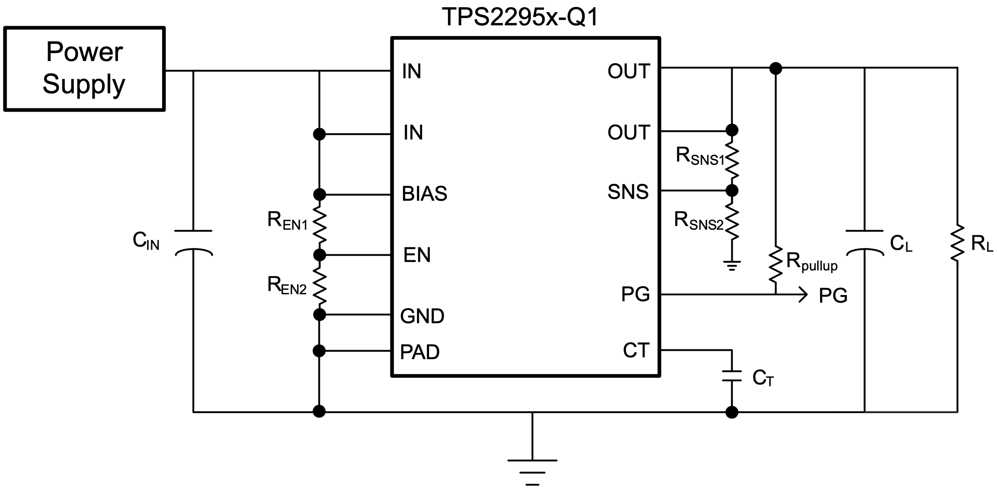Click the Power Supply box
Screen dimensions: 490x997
click(x=84, y=69)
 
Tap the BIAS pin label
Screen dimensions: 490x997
click(x=424, y=194)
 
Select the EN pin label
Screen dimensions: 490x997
click(x=417, y=255)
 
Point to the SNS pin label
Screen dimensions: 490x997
click(x=628, y=192)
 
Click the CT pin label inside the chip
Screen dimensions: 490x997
click(x=636, y=350)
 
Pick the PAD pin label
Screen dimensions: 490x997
click(x=420, y=352)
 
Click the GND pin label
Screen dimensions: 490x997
click(x=422, y=316)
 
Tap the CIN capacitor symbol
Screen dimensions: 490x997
click(x=193, y=243)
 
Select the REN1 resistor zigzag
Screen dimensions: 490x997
click(x=319, y=225)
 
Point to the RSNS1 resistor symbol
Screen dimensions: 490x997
click(x=731, y=160)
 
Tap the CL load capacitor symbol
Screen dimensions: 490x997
click(x=864, y=243)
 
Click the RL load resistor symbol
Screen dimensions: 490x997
click(x=957, y=243)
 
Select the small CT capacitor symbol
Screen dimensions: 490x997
click(x=731, y=376)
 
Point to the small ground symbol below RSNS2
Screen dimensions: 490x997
click(x=731, y=265)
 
